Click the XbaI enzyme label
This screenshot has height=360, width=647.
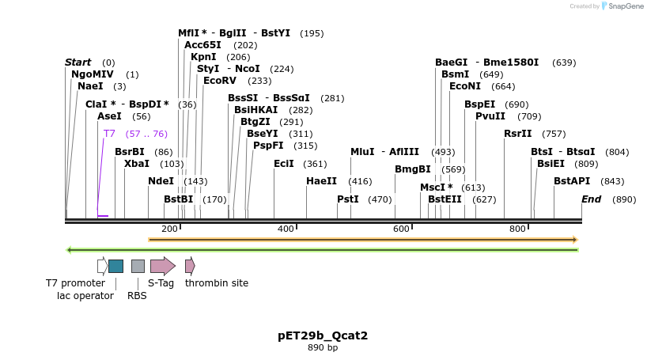137,164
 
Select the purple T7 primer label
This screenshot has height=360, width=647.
109,134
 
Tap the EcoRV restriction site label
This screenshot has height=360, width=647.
220,81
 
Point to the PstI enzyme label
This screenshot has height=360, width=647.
348,199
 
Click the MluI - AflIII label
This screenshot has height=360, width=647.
385,152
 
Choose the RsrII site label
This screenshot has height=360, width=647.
518,134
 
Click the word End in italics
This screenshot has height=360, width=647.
591,199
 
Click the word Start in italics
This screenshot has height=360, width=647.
78,63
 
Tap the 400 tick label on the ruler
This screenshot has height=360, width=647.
286,229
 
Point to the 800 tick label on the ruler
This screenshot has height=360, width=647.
517,229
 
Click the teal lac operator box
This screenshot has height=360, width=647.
115,266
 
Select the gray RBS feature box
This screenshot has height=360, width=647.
138,266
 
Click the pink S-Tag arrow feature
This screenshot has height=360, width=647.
163,266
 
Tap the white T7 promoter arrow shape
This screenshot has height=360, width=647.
103,266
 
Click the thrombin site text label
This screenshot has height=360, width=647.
217,282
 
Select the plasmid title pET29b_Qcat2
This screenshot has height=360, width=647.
323,335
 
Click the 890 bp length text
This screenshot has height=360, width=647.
323,348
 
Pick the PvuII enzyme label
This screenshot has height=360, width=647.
490,116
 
